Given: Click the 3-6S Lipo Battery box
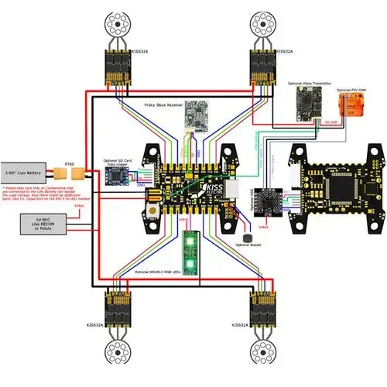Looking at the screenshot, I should (x=29, y=169).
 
